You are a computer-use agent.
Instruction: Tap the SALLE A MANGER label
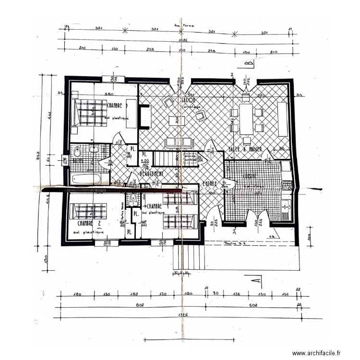point(245,149)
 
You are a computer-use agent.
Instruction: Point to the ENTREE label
point(209,183)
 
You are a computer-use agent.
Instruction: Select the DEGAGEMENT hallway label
point(152,174)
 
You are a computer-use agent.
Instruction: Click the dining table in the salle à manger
point(246,119)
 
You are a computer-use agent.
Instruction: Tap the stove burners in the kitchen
point(286,184)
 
